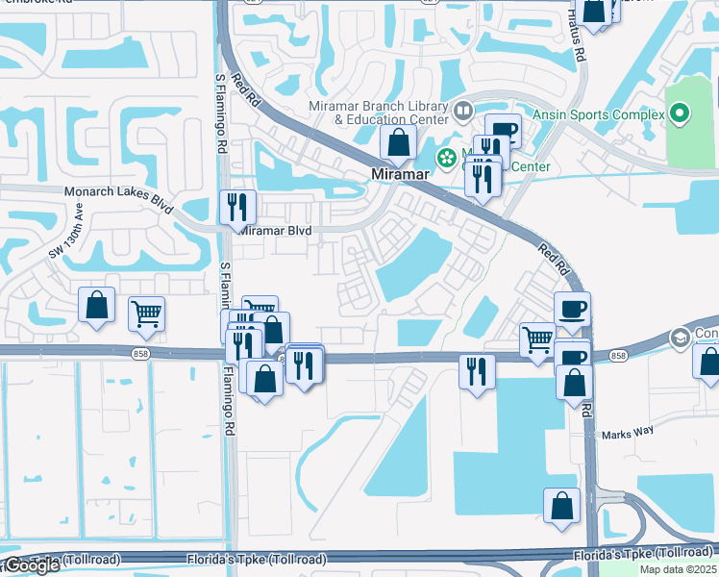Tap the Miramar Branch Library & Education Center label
click(378, 113)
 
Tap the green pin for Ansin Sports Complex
click(681, 115)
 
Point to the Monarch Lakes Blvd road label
click(118, 193)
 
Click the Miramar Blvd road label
click(276, 232)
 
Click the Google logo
click(31, 565)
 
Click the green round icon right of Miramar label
click(446, 158)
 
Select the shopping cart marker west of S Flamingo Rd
click(146, 314)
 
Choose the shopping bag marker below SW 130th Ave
click(96, 306)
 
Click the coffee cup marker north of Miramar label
click(503, 131)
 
